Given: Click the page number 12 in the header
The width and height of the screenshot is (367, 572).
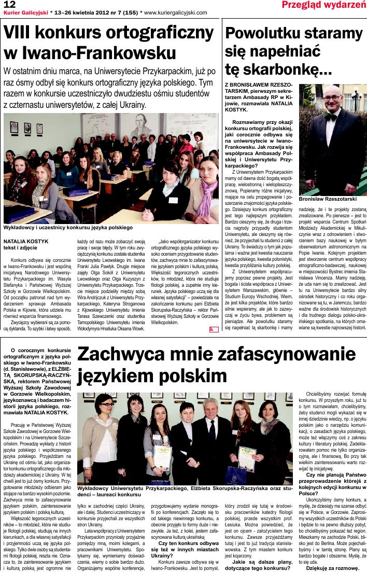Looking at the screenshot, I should pyautogui.click(x=9, y=5).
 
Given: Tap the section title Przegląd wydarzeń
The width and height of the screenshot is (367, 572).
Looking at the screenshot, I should pyautogui.click(x=323, y=5).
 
